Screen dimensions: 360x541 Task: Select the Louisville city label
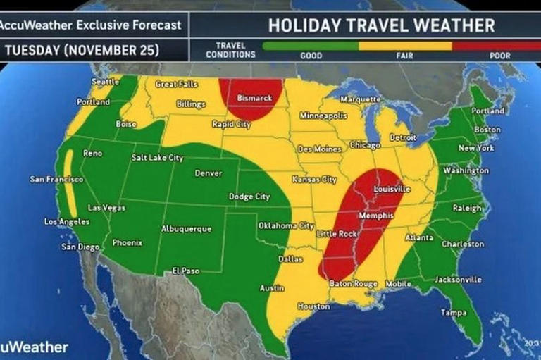pos(392,190)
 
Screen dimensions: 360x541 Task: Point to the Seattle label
pos(105,81)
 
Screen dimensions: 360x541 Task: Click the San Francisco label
pos(56,180)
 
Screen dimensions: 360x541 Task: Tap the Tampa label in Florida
pos(453,312)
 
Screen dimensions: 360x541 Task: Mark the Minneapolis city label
pos(323,115)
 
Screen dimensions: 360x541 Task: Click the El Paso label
pos(186,271)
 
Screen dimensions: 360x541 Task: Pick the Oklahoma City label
pos(285,226)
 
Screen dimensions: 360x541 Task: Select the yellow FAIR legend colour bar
pos(406,44)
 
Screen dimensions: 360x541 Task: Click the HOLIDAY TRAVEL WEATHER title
pos(381,26)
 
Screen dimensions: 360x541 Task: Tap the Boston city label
pos(487,130)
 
